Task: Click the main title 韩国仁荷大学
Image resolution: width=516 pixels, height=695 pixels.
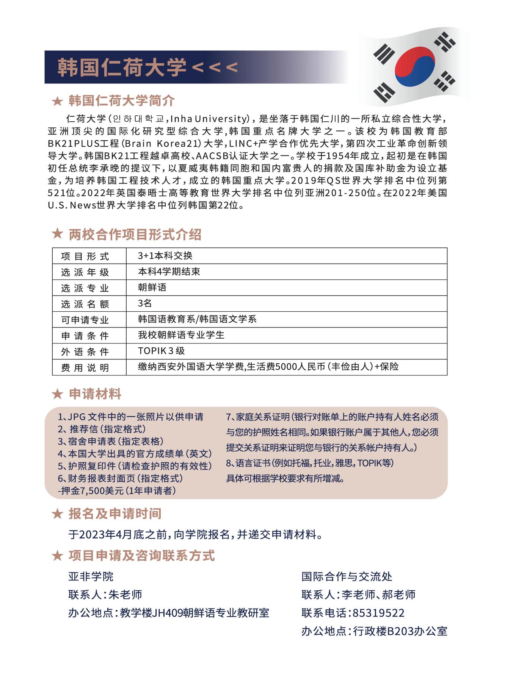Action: pos(122,67)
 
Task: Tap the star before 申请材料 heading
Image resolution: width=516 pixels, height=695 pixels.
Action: pos(57,394)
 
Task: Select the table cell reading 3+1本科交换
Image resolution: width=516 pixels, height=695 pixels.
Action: pos(165,256)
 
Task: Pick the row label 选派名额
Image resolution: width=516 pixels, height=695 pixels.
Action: pos(85,304)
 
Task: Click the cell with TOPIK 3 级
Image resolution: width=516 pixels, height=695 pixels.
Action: pos(161,351)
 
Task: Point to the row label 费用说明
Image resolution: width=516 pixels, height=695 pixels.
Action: pos(85,368)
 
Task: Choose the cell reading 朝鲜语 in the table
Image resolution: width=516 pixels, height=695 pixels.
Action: pos(152,287)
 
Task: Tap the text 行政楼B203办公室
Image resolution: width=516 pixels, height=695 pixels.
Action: pos(400,631)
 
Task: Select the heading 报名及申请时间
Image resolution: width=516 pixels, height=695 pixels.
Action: pos(115,514)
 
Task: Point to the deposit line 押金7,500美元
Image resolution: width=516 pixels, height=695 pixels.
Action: pos(117,491)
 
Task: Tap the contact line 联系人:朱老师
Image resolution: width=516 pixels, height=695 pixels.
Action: pos(105,595)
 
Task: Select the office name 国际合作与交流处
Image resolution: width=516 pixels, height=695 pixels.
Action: pos(347,577)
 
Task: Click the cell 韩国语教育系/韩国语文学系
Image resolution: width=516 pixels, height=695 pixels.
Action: pos(197,319)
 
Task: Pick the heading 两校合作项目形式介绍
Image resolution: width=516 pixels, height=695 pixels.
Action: pos(135,235)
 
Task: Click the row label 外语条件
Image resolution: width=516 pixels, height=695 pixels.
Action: pos(85,352)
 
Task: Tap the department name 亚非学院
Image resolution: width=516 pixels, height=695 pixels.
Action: pos(91,577)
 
